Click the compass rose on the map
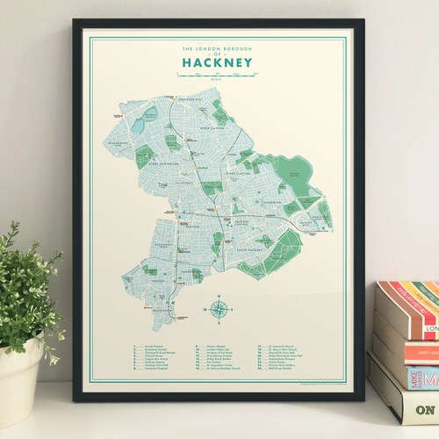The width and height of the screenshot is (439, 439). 216,309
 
